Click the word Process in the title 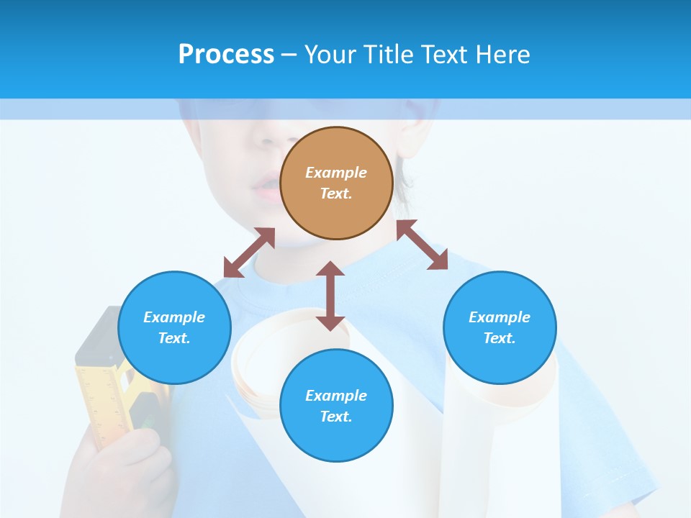tap(226, 55)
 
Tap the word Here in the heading tap(502, 55)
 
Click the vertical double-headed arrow tap(330, 296)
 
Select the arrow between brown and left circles tap(249, 253)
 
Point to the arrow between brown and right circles tap(423, 245)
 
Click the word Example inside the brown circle tap(336, 173)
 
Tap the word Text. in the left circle tap(174, 338)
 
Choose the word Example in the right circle tap(500, 317)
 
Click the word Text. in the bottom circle tap(336, 417)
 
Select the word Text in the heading tap(441, 55)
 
